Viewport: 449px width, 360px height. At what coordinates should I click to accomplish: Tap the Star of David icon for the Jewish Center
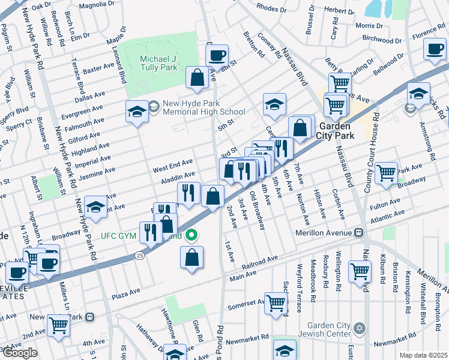pos(360,328)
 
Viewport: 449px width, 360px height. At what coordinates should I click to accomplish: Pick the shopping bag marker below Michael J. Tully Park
pos(197,77)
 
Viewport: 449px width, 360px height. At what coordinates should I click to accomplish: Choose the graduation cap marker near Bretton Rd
pos(274,104)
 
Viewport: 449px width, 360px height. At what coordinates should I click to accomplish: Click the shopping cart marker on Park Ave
pos(386,172)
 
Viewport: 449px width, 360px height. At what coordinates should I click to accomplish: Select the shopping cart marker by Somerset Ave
pos(276,302)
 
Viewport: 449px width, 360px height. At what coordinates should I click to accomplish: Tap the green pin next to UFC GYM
pos(191,235)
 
